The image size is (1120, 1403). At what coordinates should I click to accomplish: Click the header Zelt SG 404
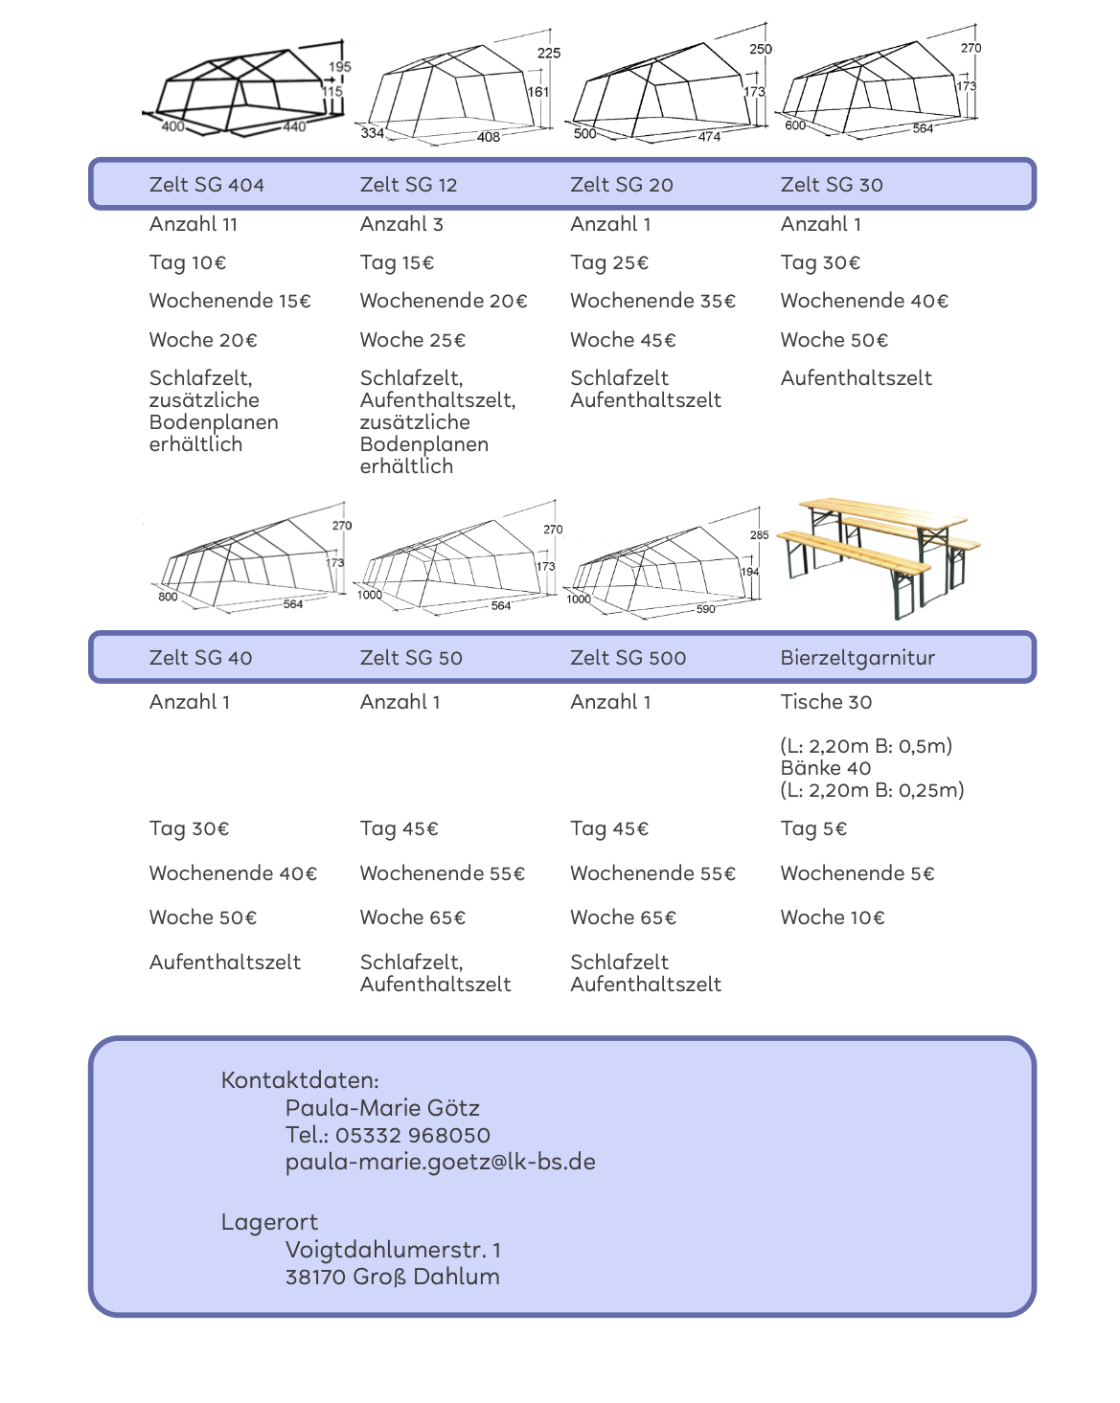pyautogui.click(x=206, y=185)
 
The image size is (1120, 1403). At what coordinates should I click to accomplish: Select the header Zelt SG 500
pyautogui.click(x=628, y=658)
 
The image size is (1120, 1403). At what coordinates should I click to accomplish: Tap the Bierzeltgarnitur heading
pyautogui.click(x=857, y=658)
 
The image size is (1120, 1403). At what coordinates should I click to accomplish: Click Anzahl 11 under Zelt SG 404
pyautogui.click(x=193, y=224)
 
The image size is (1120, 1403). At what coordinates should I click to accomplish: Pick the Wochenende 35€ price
pyautogui.click(x=652, y=301)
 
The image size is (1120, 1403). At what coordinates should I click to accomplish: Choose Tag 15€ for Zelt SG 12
pyautogui.click(x=397, y=262)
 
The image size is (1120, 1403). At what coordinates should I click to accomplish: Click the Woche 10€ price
pyautogui.click(x=832, y=917)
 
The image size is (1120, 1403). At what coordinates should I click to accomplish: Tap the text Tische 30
pyautogui.click(x=826, y=702)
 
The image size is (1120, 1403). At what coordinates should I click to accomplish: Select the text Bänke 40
pyautogui.click(x=825, y=768)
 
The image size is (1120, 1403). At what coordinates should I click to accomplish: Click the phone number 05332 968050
pyautogui.click(x=412, y=1135)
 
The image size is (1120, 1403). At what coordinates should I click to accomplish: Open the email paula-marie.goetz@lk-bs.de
pyautogui.click(x=440, y=1162)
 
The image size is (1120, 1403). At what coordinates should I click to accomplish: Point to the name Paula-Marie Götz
pyautogui.click(x=382, y=1108)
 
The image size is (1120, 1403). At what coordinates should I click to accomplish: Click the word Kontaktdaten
pyautogui.click(x=300, y=1080)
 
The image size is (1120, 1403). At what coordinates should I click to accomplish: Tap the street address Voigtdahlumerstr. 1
pyautogui.click(x=393, y=1250)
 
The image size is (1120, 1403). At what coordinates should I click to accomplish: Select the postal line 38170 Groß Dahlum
pyautogui.click(x=392, y=1277)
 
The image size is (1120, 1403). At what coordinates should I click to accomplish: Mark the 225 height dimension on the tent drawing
pyautogui.click(x=549, y=54)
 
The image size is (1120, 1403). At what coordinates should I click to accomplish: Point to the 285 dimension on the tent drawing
pyautogui.click(x=759, y=535)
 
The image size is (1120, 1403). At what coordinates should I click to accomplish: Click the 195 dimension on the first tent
pyautogui.click(x=340, y=67)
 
